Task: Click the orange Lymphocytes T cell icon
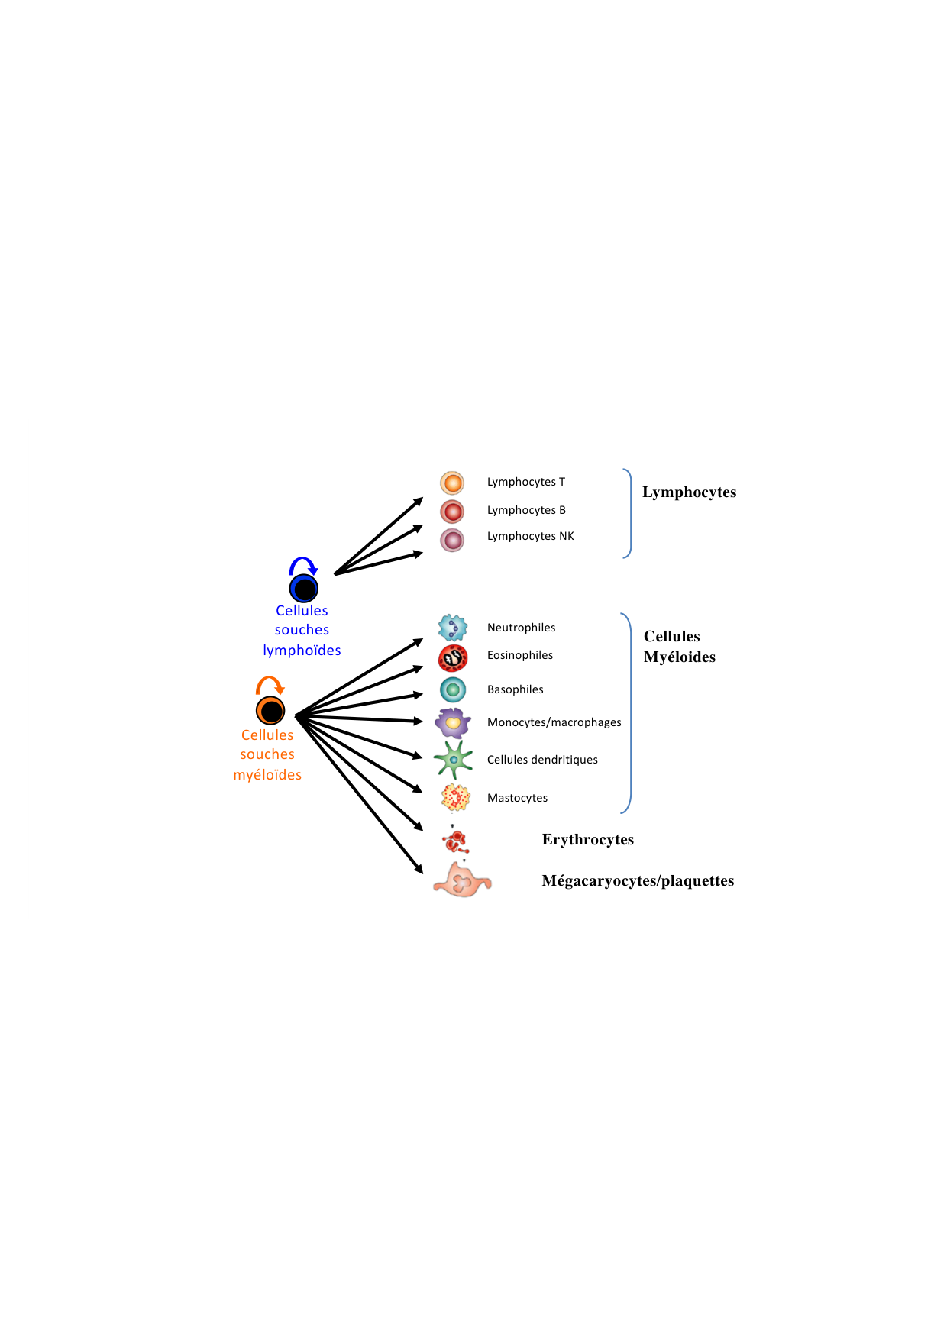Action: (x=452, y=483)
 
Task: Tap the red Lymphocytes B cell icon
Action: (x=452, y=511)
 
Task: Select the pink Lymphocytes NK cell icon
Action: (x=452, y=540)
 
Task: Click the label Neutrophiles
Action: (x=521, y=628)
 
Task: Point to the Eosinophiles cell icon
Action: (x=453, y=657)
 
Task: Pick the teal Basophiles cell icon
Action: (x=453, y=689)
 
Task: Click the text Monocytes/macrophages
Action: (x=554, y=722)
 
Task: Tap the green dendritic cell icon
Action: (x=453, y=760)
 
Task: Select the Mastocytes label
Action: (x=517, y=798)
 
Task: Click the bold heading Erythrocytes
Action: (x=587, y=840)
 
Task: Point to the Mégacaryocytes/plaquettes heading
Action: (x=638, y=881)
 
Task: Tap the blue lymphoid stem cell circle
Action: (x=304, y=589)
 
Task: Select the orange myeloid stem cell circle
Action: (x=270, y=711)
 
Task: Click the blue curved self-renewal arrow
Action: (x=303, y=566)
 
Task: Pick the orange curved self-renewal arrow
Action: (x=270, y=685)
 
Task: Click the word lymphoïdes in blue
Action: (x=302, y=651)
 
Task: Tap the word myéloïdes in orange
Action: (x=267, y=775)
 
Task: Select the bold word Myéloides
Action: (x=679, y=657)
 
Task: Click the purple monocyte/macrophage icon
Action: (x=452, y=722)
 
